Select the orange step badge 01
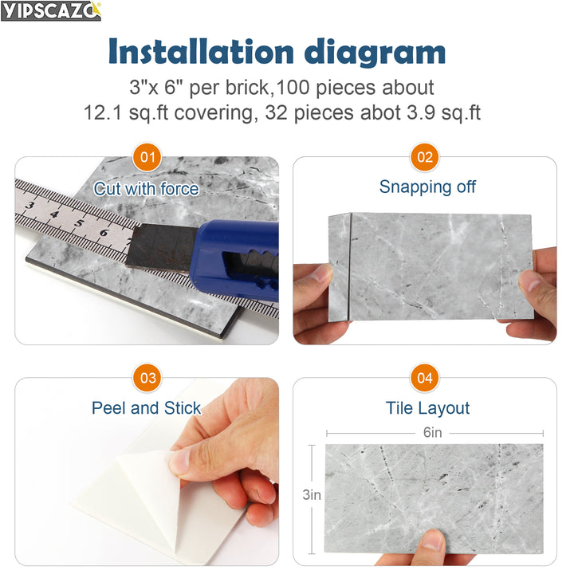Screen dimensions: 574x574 [x=147, y=156]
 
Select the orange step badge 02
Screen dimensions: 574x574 [x=426, y=156]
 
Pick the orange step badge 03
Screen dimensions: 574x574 [x=147, y=378]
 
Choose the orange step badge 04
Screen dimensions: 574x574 [x=426, y=378]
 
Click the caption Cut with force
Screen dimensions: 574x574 [x=147, y=189]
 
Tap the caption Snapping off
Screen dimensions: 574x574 [x=427, y=187]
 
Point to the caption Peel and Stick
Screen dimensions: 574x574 [x=147, y=408]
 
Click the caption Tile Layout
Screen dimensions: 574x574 [x=427, y=408]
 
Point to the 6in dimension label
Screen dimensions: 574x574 [x=433, y=433]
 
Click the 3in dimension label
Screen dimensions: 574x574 [x=311, y=495]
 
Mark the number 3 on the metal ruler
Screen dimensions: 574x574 [x=30, y=205]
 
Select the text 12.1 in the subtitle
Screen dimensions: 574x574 [x=101, y=112]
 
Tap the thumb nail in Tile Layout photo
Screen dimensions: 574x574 [x=431, y=540]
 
